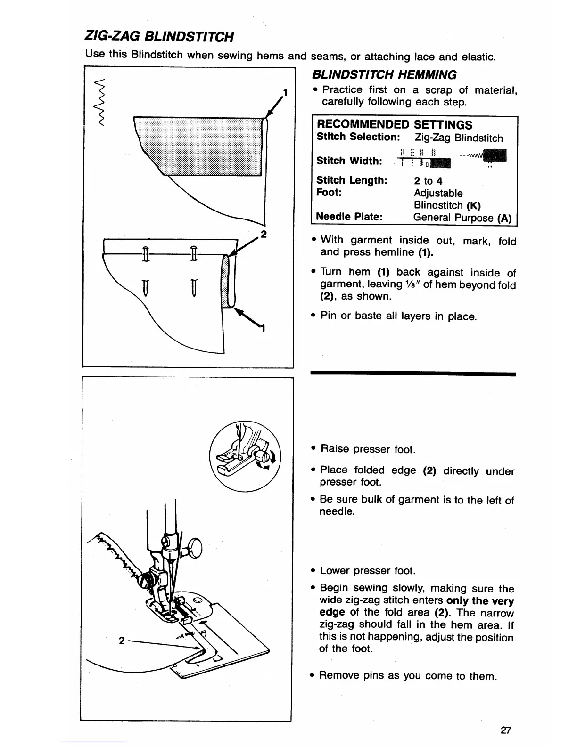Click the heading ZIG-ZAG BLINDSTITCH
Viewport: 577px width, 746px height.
click(x=159, y=36)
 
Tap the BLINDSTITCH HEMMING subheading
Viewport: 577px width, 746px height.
click(x=384, y=74)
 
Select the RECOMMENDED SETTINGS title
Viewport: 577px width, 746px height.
click(x=394, y=125)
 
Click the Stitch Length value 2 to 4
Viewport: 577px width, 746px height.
click(x=428, y=181)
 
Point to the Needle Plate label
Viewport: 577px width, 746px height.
click(x=348, y=217)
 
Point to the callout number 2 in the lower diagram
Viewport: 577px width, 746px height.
click(x=122, y=641)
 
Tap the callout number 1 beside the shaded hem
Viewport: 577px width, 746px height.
click(x=285, y=91)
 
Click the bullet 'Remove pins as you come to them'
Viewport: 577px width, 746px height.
click(x=407, y=676)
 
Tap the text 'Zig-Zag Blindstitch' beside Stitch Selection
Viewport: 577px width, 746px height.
click(x=459, y=138)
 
